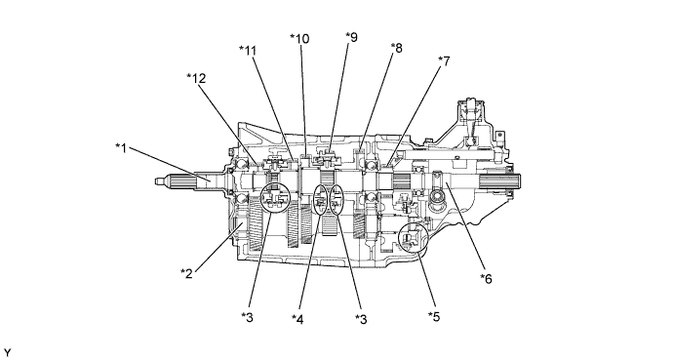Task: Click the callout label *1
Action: [x=122, y=148]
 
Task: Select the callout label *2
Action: [x=186, y=273]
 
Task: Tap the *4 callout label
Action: [x=297, y=319]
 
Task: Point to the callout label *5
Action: [x=434, y=316]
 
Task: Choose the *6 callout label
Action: [x=486, y=279]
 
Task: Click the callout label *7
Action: [x=444, y=61]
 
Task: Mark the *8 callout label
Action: [x=396, y=48]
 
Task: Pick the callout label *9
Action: [x=351, y=37]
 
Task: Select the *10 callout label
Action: [x=299, y=39]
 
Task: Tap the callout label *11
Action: [x=248, y=51]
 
